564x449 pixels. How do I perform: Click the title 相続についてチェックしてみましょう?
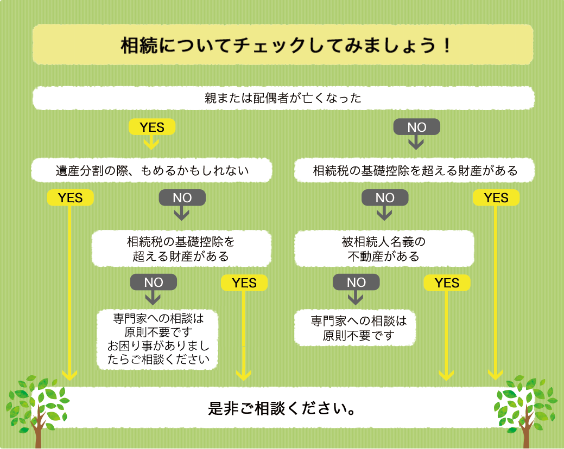[283, 44]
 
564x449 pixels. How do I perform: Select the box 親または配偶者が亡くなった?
[283, 98]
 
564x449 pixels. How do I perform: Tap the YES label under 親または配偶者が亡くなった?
[151, 127]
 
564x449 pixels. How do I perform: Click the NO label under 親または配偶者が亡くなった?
[416, 127]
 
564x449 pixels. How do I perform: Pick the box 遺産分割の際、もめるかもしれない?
[151, 171]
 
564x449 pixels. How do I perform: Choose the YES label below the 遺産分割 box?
[71, 198]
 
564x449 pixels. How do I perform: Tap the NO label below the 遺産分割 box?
[182, 198]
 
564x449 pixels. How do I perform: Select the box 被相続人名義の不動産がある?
[384, 248]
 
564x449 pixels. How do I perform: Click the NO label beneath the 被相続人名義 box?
[356, 283]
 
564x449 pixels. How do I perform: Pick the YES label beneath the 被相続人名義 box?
[447, 283]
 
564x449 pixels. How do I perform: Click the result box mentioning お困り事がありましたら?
[157, 338]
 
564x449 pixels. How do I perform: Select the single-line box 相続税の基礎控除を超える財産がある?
[415, 171]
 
